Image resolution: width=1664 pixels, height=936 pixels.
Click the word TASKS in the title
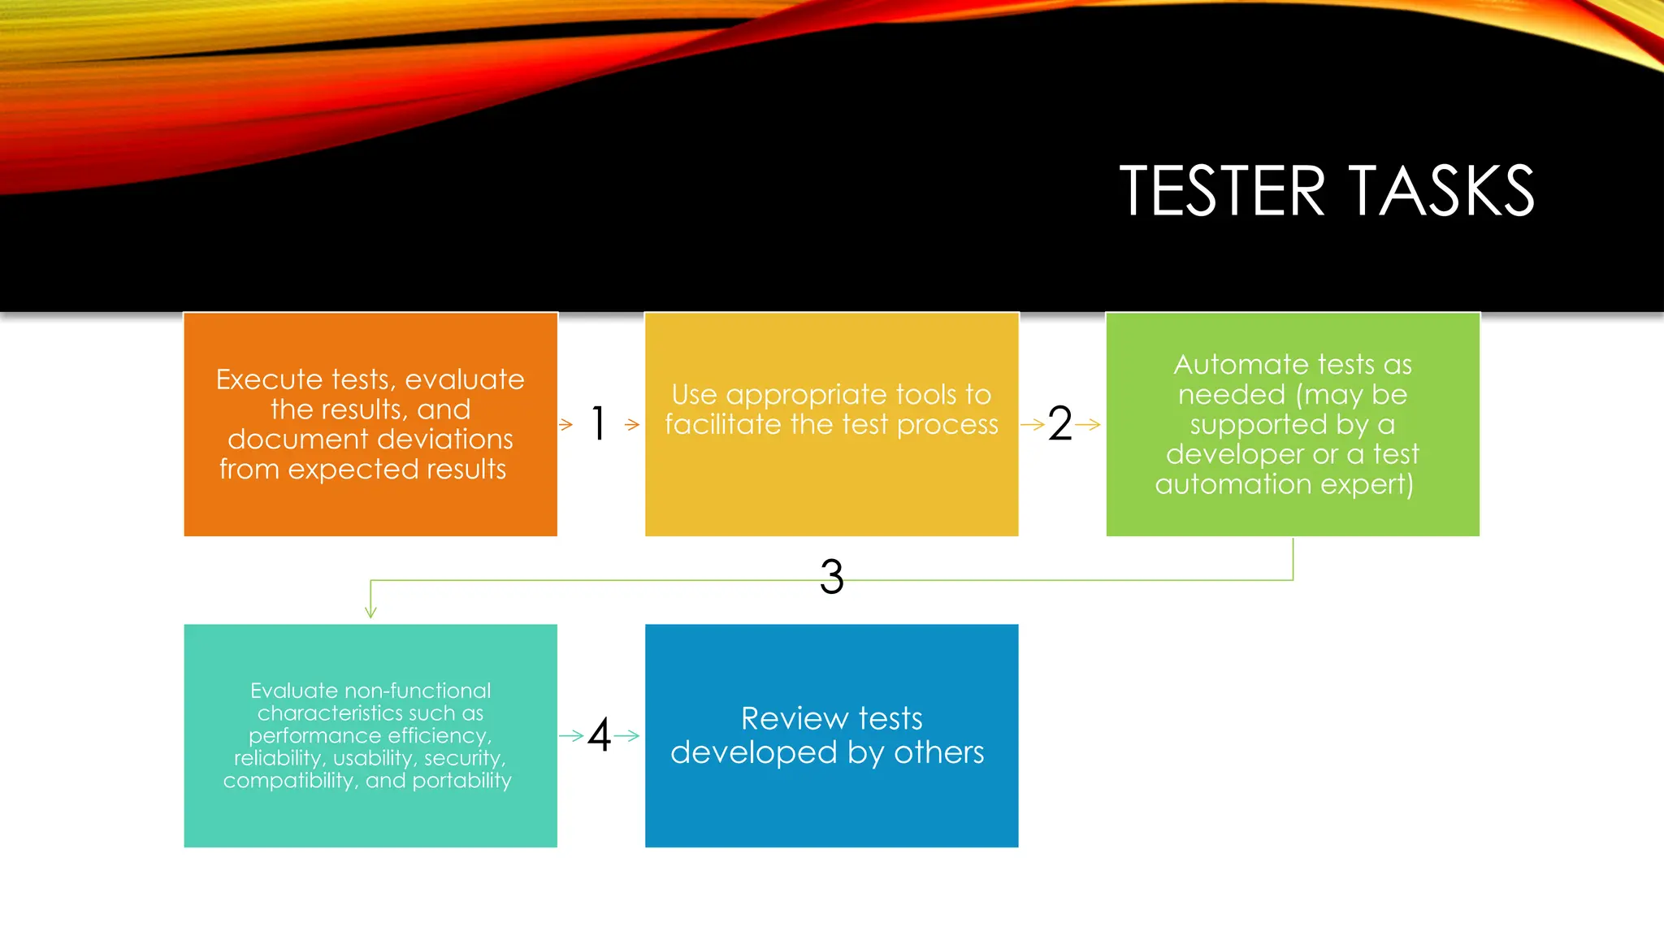click(1441, 191)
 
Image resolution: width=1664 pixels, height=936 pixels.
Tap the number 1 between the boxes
click(599, 423)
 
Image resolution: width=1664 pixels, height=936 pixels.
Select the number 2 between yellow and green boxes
click(1059, 424)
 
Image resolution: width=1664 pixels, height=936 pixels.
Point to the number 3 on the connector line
click(831, 577)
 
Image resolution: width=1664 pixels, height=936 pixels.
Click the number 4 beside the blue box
click(600, 735)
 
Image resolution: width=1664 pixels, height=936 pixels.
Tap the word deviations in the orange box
click(439, 440)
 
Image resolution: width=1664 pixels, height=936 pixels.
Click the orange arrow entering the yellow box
click(632, 424)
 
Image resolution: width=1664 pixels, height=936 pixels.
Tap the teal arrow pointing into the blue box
click(627, 736)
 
